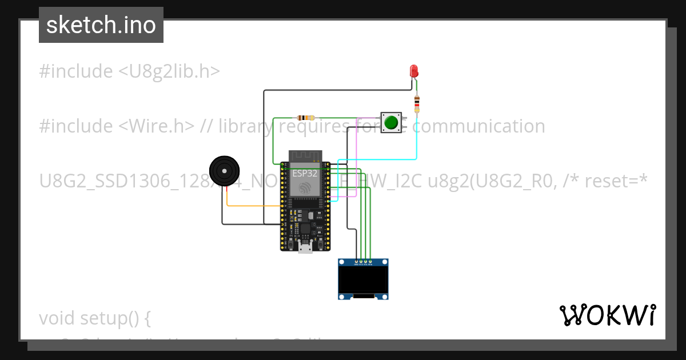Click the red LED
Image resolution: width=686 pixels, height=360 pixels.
tap(414, 71)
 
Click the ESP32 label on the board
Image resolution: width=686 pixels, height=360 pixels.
tap(305, 173)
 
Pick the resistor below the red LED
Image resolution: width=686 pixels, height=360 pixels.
tap(417, 104)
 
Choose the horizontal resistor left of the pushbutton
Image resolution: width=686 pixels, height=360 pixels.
tap(303, 117)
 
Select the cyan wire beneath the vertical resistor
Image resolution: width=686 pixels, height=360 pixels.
tap(416, 143)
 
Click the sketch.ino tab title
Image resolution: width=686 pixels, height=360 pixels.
tap(101, 25)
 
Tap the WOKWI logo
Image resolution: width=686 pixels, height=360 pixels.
tap(607, 315)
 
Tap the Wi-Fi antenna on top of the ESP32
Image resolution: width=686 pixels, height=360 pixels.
tap(305, 156)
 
